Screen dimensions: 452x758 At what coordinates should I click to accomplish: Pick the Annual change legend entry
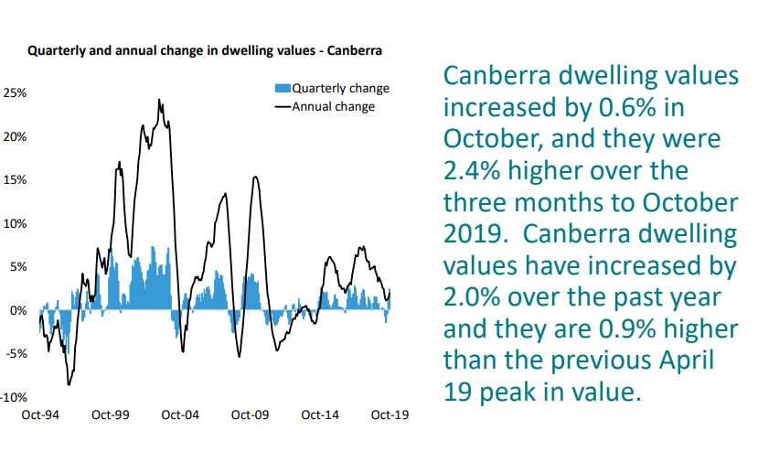[x=333, y=106]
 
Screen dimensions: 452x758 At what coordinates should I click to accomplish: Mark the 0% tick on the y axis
[x=17, y=311]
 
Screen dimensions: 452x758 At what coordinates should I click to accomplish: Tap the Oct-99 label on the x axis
[x=110, y=415]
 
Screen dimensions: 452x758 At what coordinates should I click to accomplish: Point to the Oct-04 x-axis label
[x=179, y=415]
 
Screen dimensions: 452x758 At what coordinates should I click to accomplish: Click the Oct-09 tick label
[x=250, y=415]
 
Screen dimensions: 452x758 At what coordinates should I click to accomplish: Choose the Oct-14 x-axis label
[x=319, y=415]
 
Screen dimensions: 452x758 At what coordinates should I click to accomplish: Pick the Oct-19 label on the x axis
[x=390, y=415]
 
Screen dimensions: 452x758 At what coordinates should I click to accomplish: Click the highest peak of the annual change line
[x=159, y=100]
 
